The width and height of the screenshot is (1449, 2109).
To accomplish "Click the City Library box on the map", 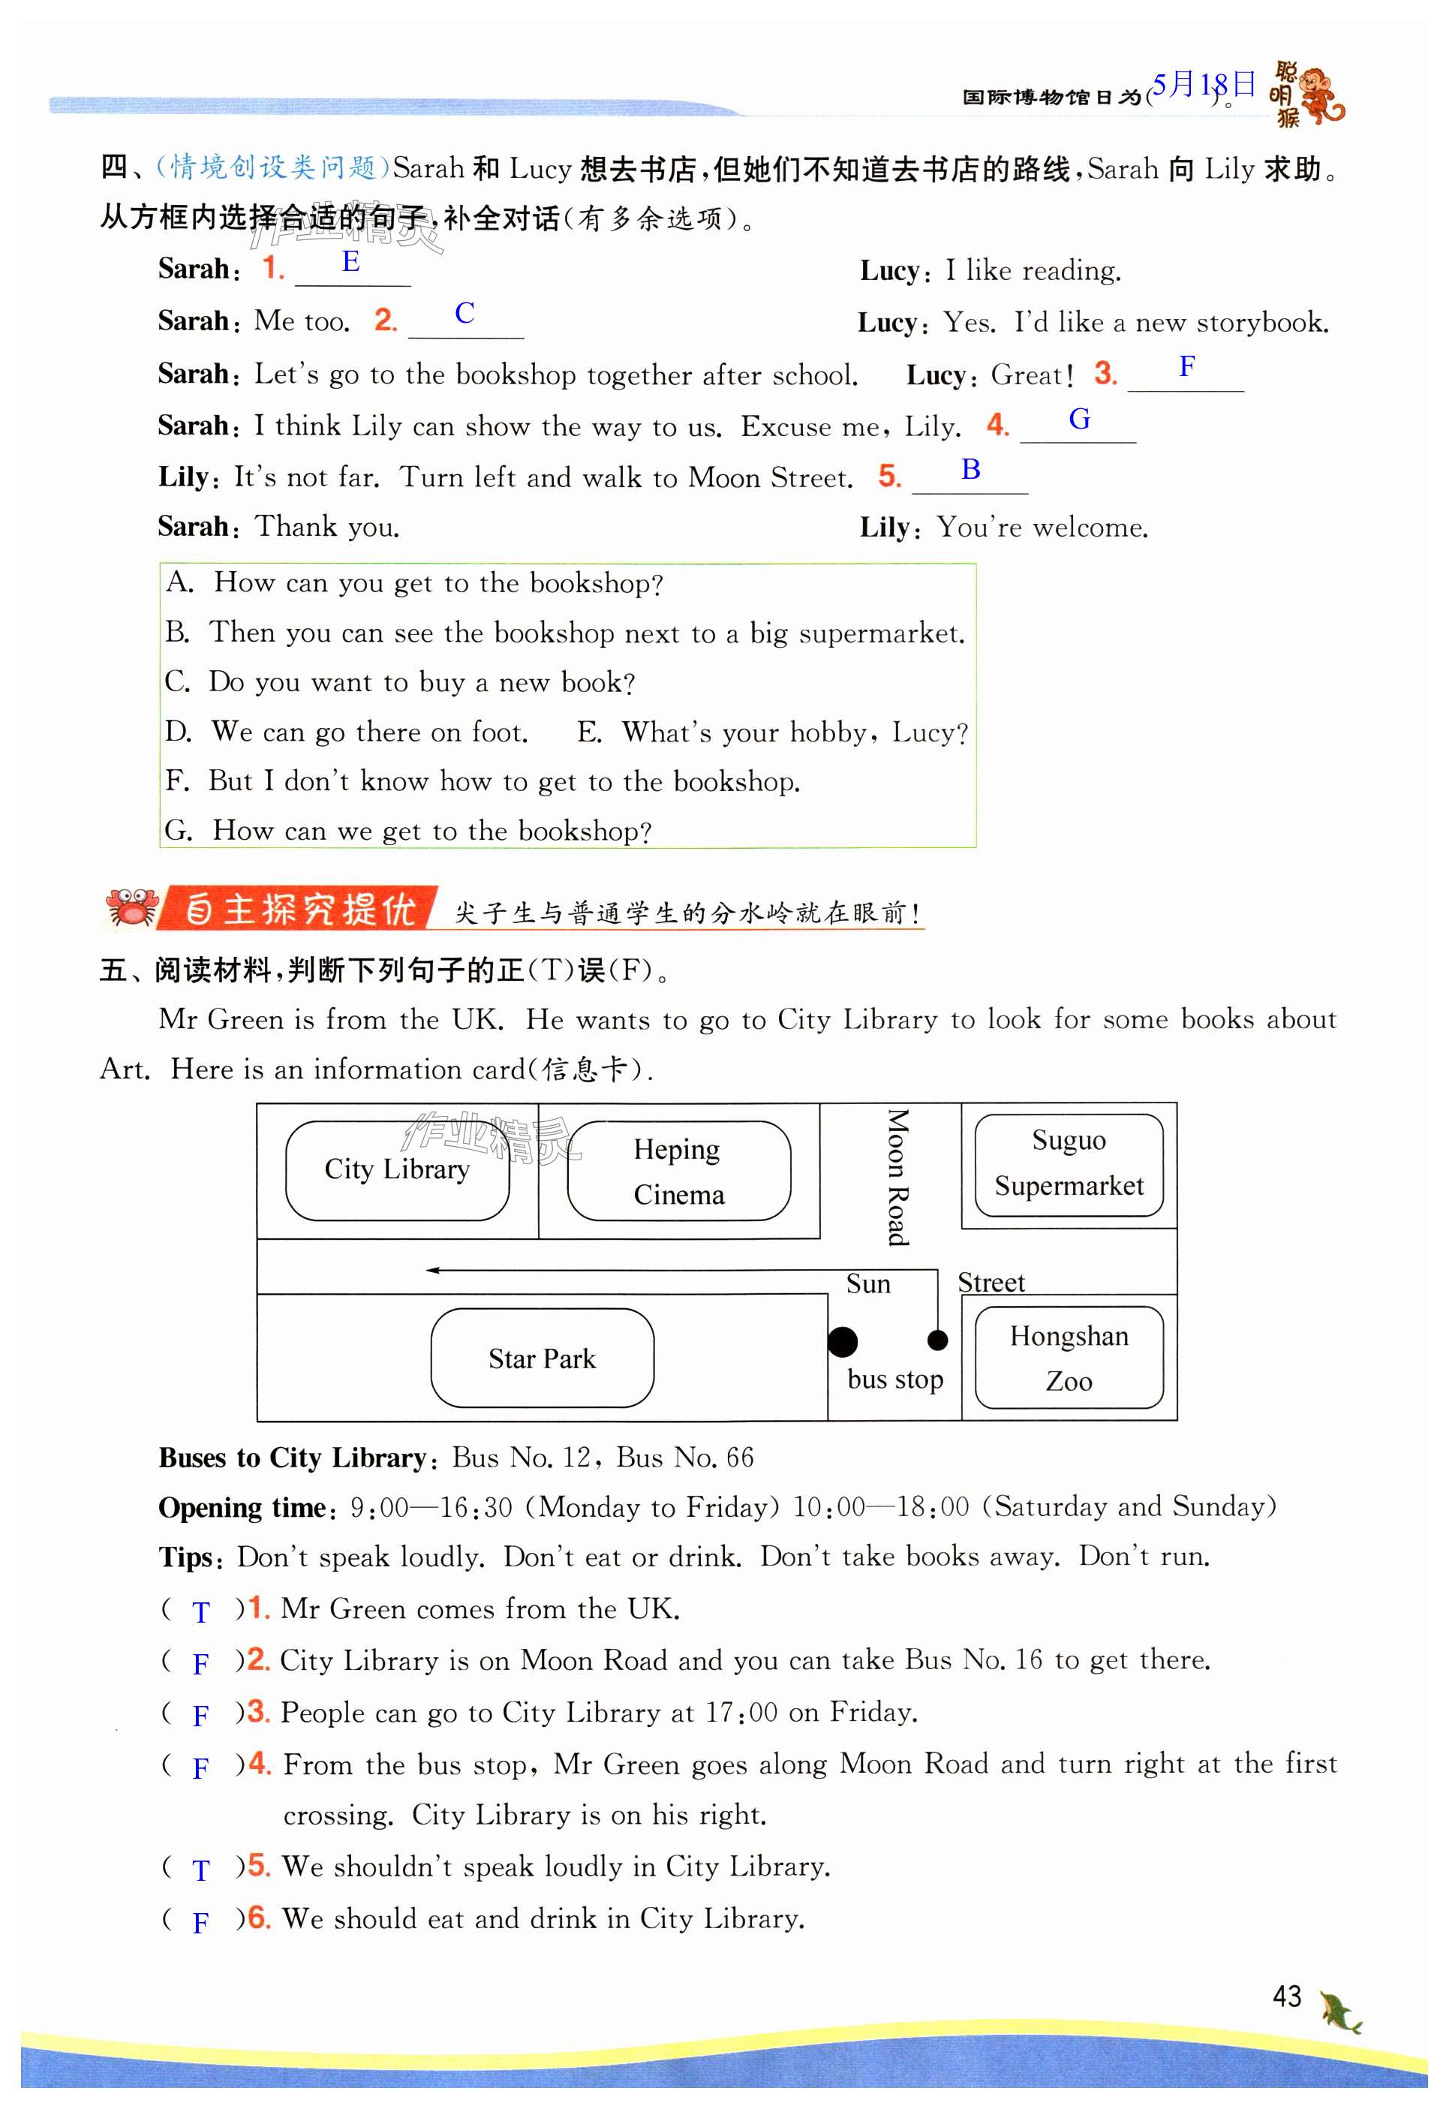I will (397, 1170).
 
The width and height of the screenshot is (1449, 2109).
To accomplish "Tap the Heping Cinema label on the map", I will (678, 1171).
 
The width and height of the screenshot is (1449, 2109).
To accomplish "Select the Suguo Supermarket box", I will (1069, 1164).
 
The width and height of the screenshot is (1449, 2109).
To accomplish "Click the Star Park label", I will (542, 1358).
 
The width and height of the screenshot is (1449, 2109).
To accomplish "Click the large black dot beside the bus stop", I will (843, 1341).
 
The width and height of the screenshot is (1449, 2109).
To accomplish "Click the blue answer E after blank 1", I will (351, 263).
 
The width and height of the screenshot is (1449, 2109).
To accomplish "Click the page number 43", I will (1286, 1996).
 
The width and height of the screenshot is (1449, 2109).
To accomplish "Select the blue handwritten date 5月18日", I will (1204, 86).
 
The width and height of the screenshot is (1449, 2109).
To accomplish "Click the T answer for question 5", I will (200, 1870).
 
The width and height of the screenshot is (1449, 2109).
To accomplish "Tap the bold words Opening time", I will (242, 1508).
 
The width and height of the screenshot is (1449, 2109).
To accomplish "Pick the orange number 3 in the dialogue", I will (1104, 373).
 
